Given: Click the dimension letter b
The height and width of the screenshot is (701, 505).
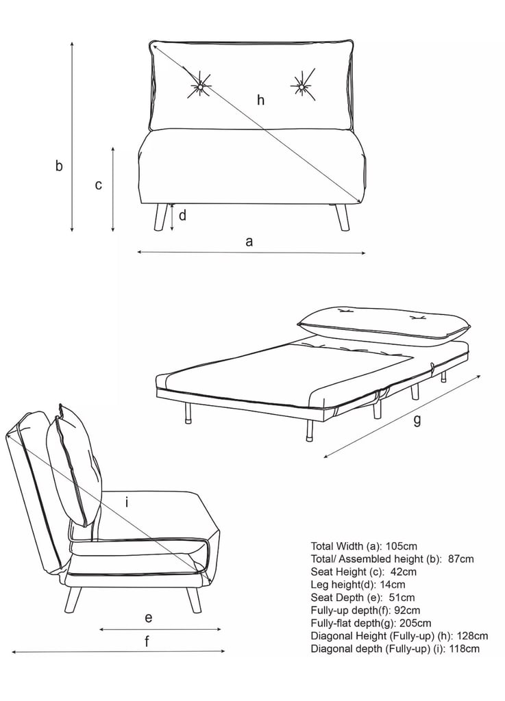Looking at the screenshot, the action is tap(59, 166).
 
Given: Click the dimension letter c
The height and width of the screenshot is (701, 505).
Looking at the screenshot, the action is tap(99, 185).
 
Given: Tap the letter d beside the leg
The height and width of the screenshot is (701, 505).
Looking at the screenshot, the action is tap(182, 216).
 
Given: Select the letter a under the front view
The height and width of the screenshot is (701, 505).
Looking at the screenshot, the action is tap(249, 242).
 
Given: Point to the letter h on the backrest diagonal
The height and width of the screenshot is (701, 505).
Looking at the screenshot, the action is tap(261, 100).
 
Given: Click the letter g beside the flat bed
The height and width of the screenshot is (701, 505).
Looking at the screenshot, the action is tap(417, 421).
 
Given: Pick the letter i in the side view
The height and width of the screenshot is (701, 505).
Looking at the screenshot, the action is tap(127, 502).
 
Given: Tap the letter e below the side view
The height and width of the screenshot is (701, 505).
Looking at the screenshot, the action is tap(149, 618).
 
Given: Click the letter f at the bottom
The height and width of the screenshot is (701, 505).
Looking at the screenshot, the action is tap(147, 641).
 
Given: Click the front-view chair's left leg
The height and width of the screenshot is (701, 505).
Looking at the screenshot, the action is tap(160, 217).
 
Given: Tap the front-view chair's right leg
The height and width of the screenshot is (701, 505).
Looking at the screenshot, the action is tap(342, 218).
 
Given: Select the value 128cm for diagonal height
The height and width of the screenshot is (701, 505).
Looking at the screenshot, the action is tap(472, 636).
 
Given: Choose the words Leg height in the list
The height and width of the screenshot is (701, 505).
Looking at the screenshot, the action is tap(334, 585).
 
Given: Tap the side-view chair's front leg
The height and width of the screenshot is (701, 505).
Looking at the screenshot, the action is tap(193, 598).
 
